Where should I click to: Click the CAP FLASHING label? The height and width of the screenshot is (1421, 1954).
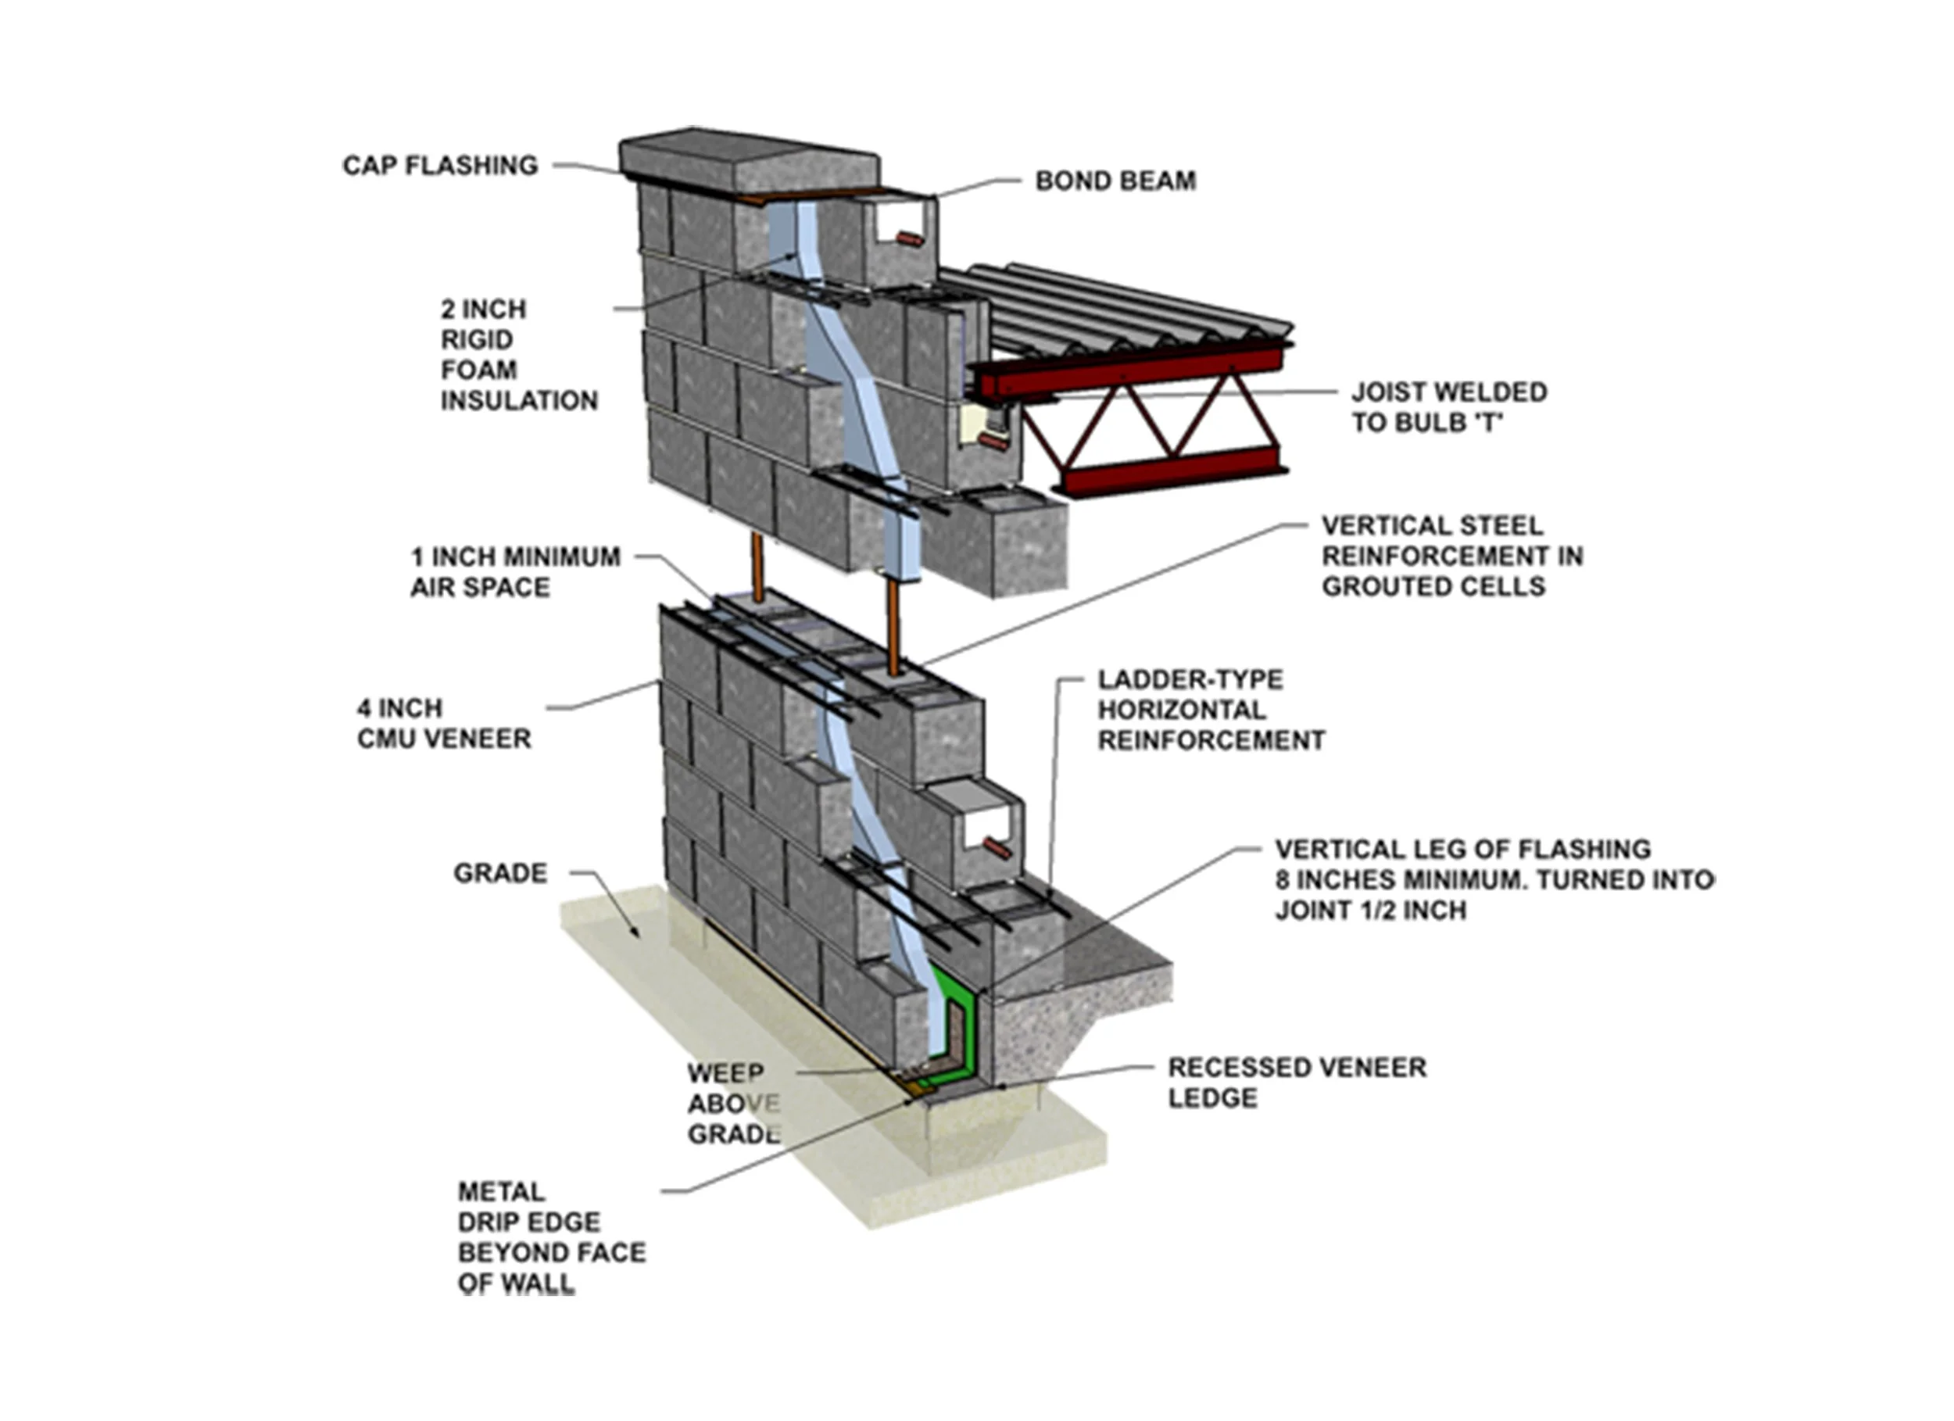(x=439, y=166)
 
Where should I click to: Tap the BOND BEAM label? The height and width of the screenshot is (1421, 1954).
(x=1115, y=181)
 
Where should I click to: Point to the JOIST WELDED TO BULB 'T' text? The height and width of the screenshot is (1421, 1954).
(x=1448, y=407)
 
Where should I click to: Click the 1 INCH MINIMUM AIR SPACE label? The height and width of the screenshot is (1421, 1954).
(x=514, y=572)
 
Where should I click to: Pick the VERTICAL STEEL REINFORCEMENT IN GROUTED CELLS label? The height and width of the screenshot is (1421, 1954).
(x=1451, y=556)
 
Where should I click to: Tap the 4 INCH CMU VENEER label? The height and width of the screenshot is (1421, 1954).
(x=444, y=724)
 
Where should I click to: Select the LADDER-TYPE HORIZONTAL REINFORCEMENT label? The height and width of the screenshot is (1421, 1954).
(x=1210, y=710)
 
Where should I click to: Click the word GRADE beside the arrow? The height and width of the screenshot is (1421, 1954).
(x=499, y=874)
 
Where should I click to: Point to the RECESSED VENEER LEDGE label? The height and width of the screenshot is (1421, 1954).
(x=1296, y=1083)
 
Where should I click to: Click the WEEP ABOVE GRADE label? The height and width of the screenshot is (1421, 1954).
(x=733, y=1104)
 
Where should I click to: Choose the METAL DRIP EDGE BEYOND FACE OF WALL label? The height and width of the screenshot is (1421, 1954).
(x=550, y=1237)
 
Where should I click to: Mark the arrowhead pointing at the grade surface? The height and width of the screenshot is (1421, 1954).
(x=634, y=931)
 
